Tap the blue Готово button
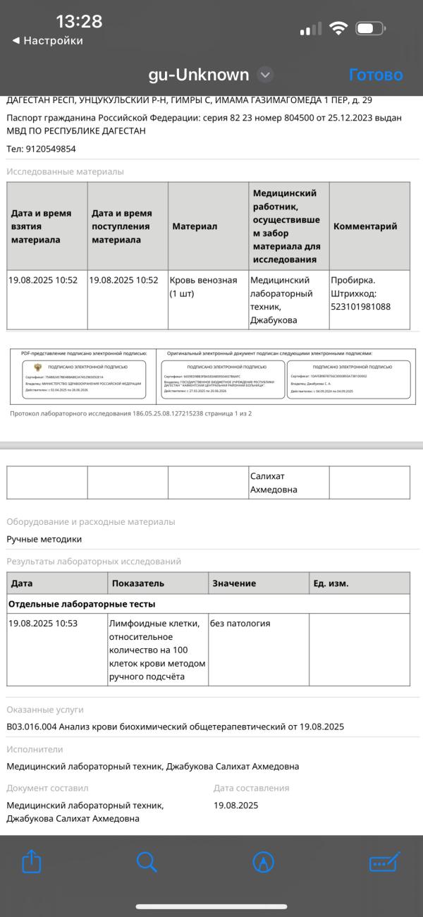point(376,75)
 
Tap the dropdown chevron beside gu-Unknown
point(265,75)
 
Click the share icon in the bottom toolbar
point(32,861)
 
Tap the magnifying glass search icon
point(146,861)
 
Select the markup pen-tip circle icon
point(263,861)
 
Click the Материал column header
point(195,226)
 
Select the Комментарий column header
point(365,226)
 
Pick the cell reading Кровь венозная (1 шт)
point(203,286)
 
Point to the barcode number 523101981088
point(360,307)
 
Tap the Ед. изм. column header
point(331,583)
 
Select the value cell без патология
point(240,624)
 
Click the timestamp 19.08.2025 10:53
point(43,624)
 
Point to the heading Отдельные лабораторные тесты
point(82,604)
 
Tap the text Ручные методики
point(44,539)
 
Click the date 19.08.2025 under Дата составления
point(236,805)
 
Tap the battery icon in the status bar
point(370,29)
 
